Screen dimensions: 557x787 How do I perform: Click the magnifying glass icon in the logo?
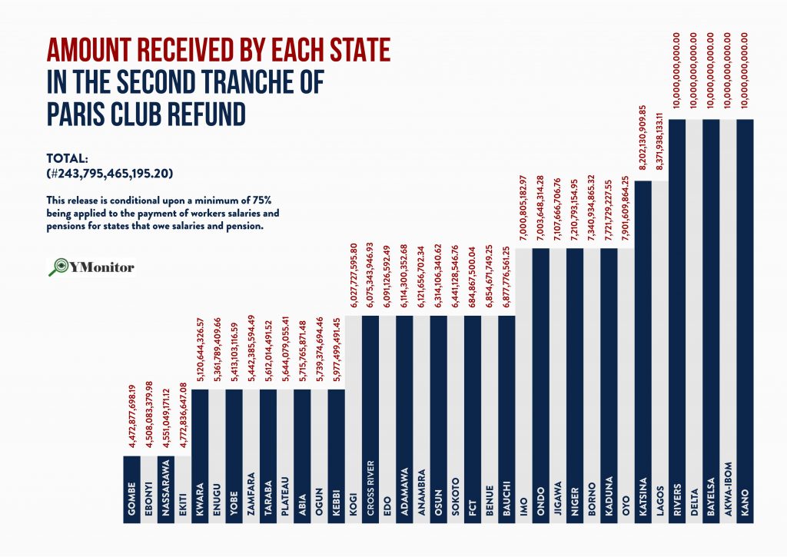pyautogui.click(x=57, y=267)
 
